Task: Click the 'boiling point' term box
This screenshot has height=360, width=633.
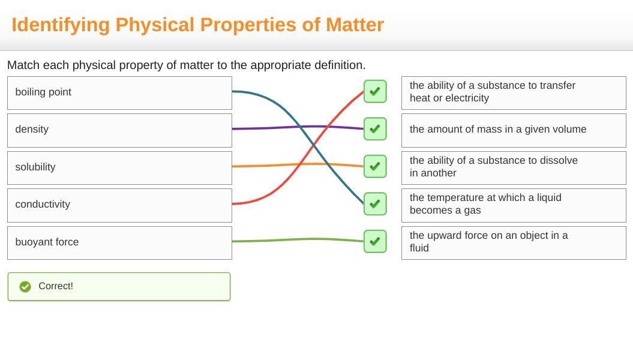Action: coord(119,93)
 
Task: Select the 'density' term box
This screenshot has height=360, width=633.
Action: coord(119,130)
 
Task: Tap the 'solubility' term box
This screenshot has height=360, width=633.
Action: coord(119,168)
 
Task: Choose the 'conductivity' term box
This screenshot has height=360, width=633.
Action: coord(119,205)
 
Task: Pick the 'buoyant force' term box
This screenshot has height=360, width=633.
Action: coord(119,243)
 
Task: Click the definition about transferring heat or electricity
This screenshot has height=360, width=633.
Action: coord(514,93)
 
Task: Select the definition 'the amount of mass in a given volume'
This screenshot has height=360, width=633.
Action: coord(514,130)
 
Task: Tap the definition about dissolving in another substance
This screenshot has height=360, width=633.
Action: coord(514,168)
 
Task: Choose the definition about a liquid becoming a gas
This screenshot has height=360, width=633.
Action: coord(514,205)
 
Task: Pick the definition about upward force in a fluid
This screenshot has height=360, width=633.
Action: coord(514,243)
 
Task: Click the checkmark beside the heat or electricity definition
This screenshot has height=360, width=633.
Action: coord(375,91)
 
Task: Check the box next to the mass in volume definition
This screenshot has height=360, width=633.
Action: coord(375,129)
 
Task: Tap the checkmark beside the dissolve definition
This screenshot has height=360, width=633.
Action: coord(375,166)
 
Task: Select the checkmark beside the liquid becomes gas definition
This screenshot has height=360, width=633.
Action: coord(375,204)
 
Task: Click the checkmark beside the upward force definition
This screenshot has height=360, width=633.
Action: coord(375,241)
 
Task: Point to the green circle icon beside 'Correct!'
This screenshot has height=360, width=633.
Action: coord(25,287)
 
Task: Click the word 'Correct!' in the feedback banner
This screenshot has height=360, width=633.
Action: coord(56,286)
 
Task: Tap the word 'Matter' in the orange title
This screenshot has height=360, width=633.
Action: coord(355,25)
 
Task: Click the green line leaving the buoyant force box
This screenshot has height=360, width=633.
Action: coord(298,240)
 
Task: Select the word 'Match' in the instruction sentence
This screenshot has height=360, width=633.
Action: coord(23,65)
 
